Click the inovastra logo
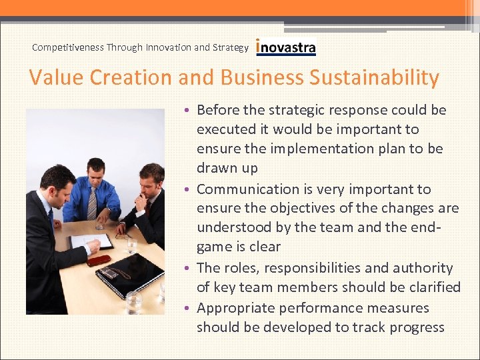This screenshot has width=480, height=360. tap(286, 47)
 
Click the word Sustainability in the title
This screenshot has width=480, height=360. tap(374, 78)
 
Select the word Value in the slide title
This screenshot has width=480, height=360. tap(57, 78)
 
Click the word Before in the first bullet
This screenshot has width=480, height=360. tap(218, 110)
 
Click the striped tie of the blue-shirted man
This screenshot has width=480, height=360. tap(93, 203)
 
